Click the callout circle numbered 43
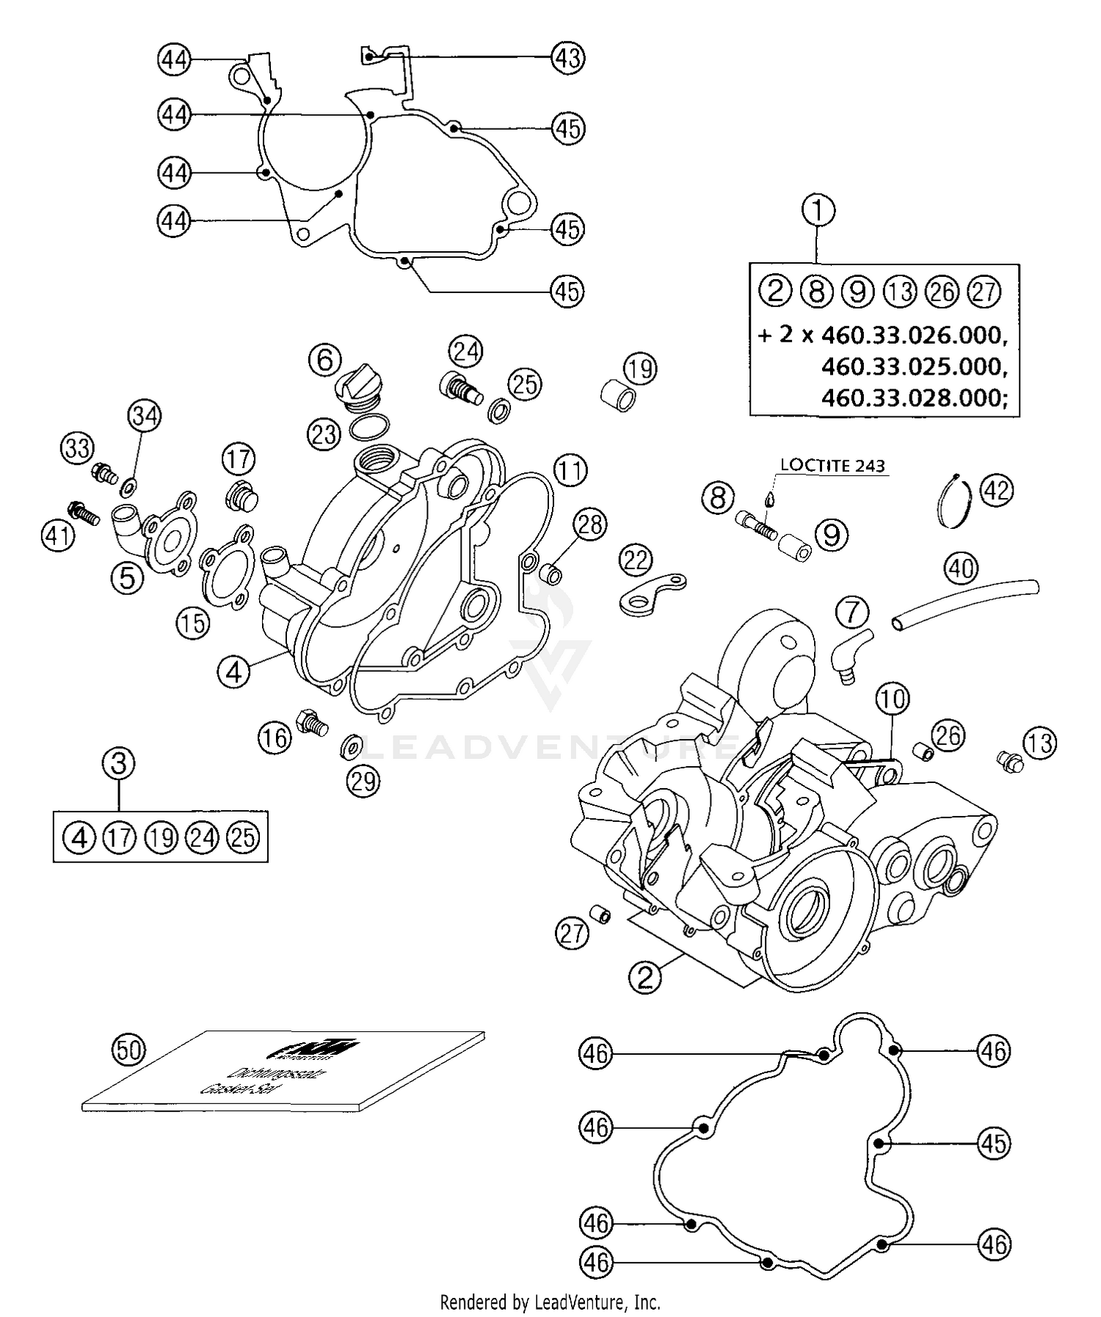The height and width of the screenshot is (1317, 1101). click(567, 57)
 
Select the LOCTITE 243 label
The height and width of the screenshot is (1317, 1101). click(832, 465)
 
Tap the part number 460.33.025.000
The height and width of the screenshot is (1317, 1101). click(910, 366)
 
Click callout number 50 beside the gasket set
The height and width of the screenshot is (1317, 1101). click(128, 1050)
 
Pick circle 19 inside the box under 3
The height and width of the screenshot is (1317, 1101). click(161, 837)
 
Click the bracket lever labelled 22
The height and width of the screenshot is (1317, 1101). click(653, 593)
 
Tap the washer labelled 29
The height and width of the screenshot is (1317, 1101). click(351, 748)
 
